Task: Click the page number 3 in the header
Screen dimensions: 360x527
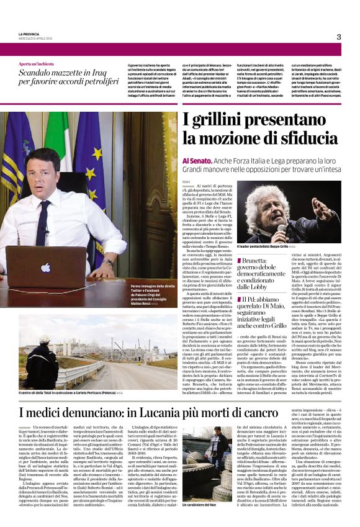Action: coord(338,37)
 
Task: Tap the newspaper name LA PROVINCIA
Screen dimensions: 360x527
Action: coord(29,33)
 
